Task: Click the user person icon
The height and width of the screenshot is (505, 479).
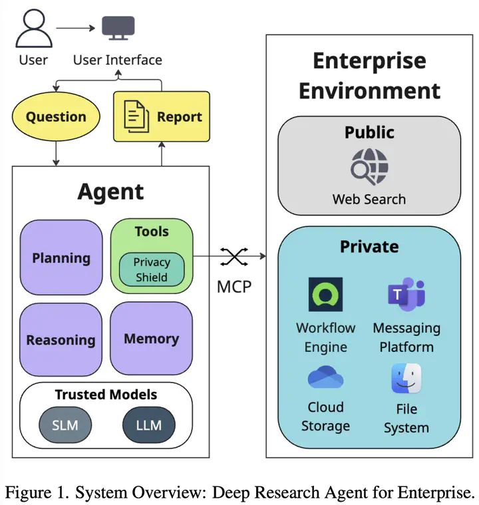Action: tap(33, 27)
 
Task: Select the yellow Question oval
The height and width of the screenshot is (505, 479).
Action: tap(56, 117)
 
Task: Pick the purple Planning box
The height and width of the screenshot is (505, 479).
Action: tap(61, 257)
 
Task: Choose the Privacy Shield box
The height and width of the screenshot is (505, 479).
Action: tap(152, 269)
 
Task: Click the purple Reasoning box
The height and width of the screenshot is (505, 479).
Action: tap(61, 339)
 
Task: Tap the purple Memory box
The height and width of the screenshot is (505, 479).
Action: tap(151, 339)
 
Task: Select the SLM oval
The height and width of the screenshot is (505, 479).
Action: tap(64, 424)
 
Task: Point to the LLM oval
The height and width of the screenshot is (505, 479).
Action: tap(148, 424)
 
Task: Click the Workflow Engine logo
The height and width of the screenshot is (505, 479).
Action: tap(326, 295)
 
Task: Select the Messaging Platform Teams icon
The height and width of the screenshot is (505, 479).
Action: tap(406, 294)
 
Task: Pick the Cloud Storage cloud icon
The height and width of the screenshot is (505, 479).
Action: tap(325, 378)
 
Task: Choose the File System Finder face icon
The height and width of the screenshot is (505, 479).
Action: tap(406, 378)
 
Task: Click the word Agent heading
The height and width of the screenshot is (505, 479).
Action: tap(110, 192)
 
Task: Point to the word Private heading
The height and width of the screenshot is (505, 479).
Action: tap(369, 246)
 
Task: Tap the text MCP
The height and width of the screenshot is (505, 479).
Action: tap(234, 288)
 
